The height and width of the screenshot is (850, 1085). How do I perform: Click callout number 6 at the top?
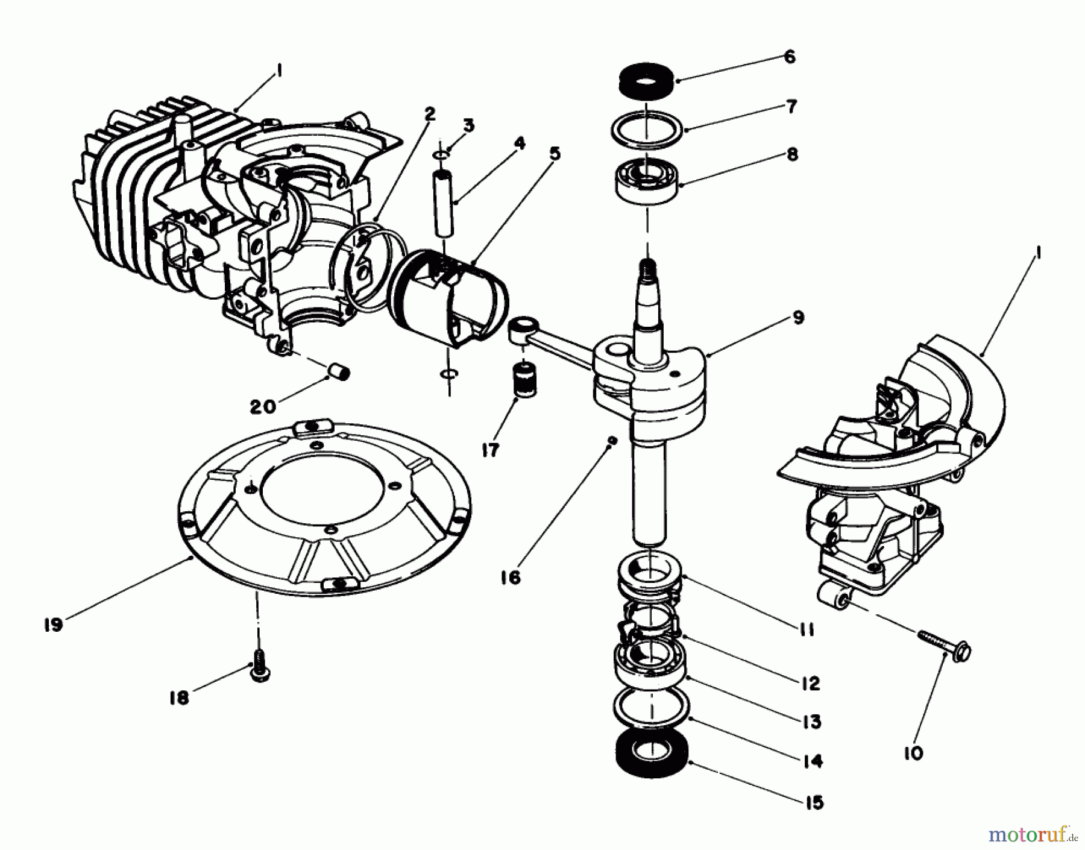[x=790, y=57]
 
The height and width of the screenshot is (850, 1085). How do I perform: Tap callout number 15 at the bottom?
[x=813, y=803]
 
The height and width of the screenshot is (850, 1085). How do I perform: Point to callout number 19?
[x=53, y=625]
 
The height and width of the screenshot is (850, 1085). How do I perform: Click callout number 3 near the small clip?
[x=468, y=125]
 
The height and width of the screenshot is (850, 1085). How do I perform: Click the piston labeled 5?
[x=449, y=301]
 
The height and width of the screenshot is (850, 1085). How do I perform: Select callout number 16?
[x=510, y=578]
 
